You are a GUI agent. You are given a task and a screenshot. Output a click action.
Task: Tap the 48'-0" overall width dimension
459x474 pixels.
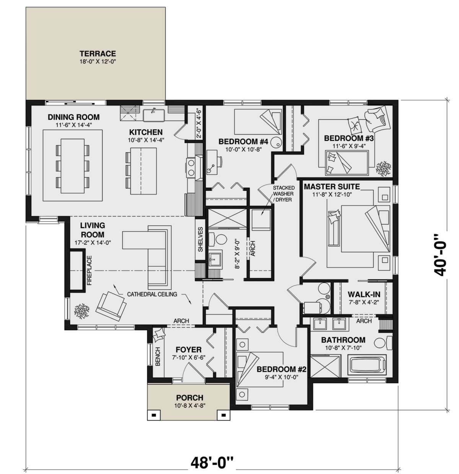pyautogui.click(x=212, y=464)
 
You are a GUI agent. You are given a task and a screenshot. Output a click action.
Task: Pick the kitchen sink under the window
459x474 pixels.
pyautogui.click(x=154, y=114)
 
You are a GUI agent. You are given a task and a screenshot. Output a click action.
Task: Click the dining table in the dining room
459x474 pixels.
pyautogui.click(x=72, y=165)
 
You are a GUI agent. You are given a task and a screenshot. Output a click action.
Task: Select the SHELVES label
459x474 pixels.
pyautogui.click(x=200, y=240)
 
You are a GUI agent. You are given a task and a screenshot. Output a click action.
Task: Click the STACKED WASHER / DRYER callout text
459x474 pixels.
pyautogui.click(x=283, y=193)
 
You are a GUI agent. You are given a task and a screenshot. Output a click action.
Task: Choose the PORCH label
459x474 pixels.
pyautogui.click(x=190, y=398)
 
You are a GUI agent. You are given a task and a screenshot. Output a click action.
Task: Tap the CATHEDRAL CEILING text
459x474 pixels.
pyautogui.click(x=152, y=294)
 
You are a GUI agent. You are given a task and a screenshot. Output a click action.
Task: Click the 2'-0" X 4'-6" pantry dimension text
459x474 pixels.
pyautogui.click(x=198, y=123)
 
